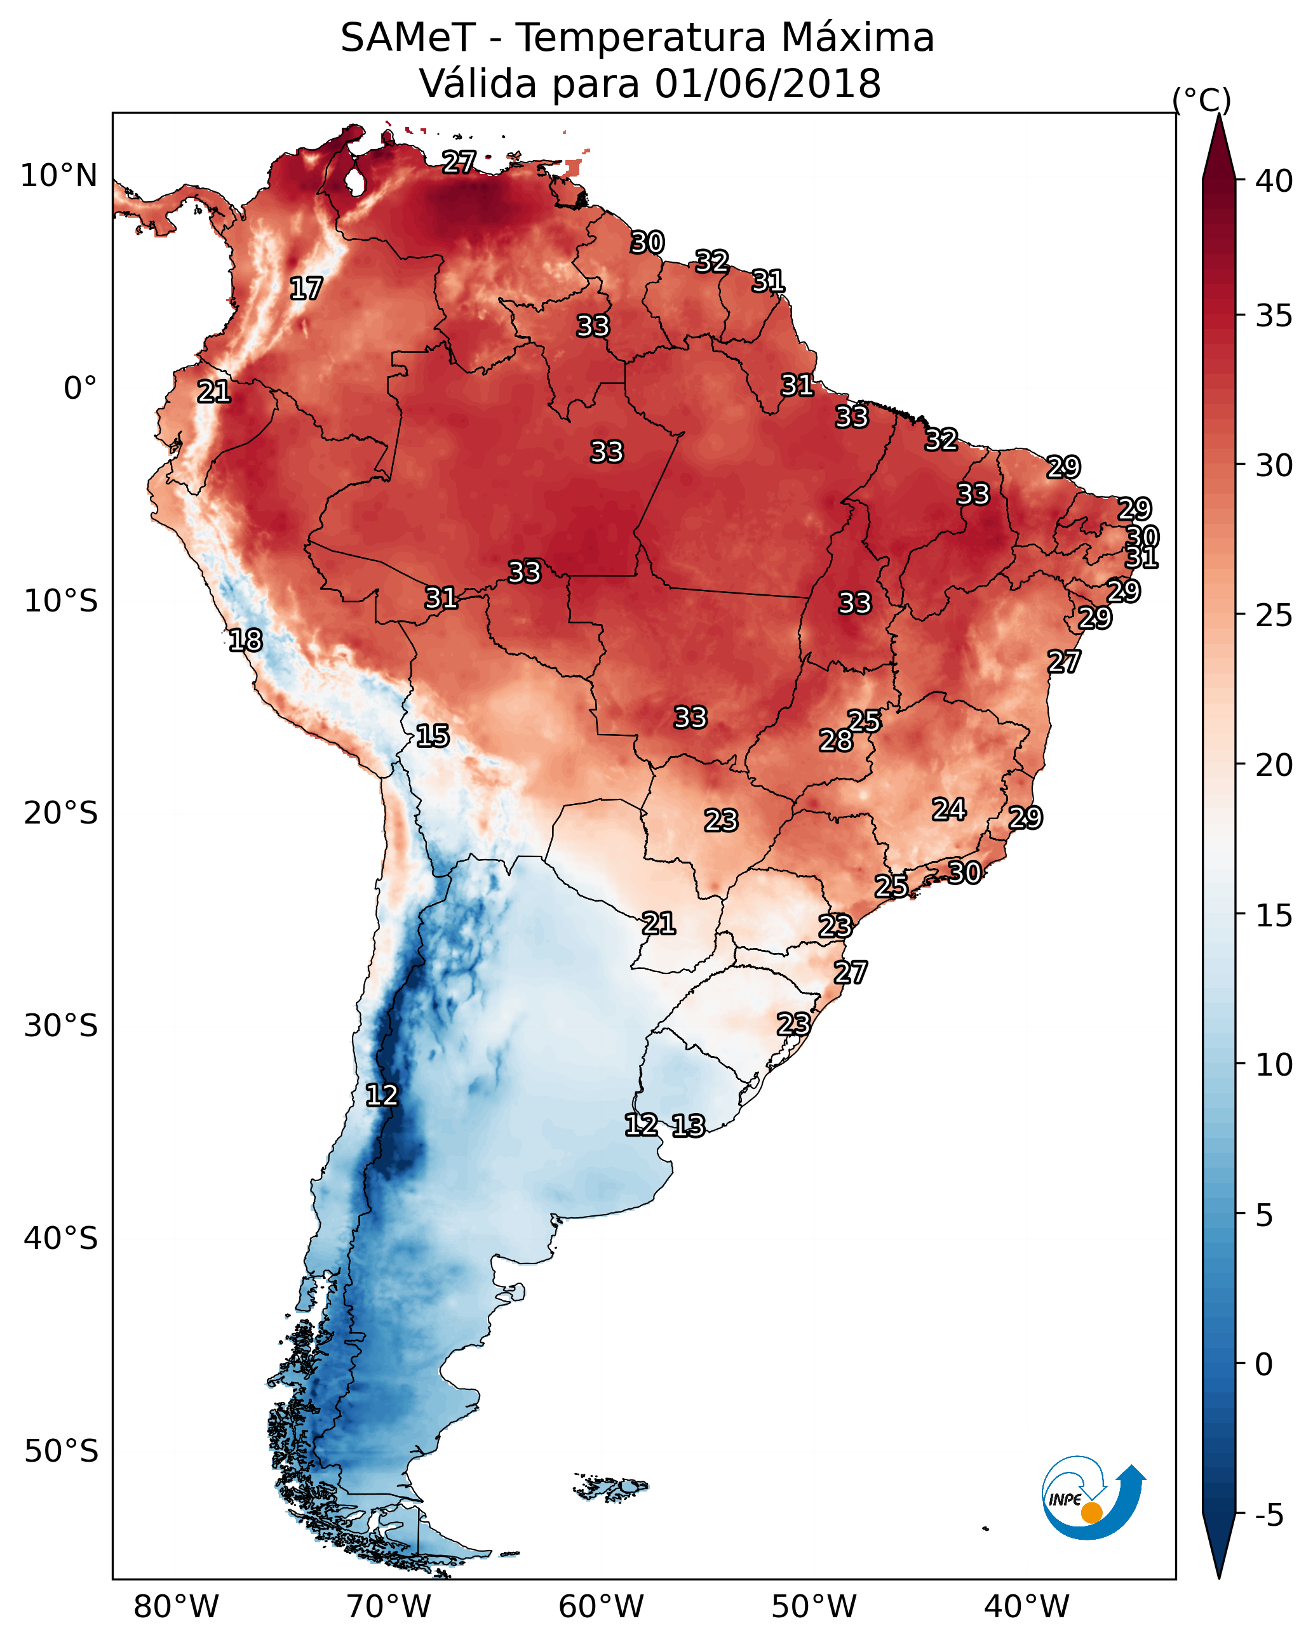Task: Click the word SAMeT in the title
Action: (x=408, y=38)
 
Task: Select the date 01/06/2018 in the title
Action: (x=767, y=84)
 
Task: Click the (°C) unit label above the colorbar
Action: (x=1201, y=100)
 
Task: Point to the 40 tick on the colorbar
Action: (x=1274, y=181)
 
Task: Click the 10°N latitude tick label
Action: (x=58, y=176)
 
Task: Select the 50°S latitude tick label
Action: (x=61, y=1452)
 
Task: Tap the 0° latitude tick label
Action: (x=80, y=389)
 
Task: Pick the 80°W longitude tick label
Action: (x=176, y=1607)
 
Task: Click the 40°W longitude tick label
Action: (x=1027, y=1607)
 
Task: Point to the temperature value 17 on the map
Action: (x=306, y=289)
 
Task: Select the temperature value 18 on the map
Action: (x=245, y=641)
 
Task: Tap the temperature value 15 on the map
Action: (x=432, y=736)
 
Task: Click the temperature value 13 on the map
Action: (x=688, y=1126)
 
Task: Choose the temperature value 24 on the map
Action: (x=949, y=809)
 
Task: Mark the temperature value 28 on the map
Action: (x=836, y=740)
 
